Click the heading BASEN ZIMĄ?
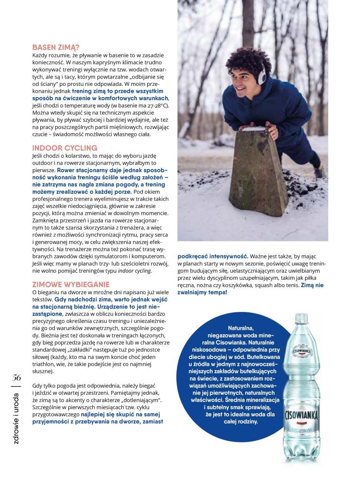tap(56, 47)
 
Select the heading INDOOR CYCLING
tap(65, 148)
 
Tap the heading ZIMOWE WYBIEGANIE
tap(71, 284)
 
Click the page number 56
tap(16, 377)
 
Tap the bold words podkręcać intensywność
tap(213, 256)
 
